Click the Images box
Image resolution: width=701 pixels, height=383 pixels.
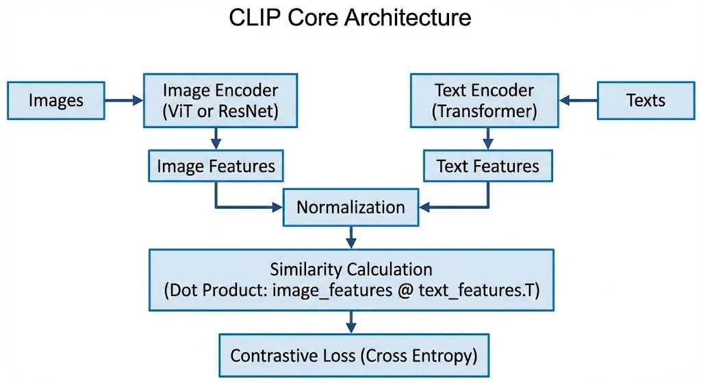point(56,101)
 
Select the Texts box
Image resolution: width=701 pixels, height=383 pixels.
point(646,101)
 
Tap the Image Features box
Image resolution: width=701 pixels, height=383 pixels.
point(216,166)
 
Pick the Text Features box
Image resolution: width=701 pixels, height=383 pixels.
point(487,166)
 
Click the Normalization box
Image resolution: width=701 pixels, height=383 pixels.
point(351,207)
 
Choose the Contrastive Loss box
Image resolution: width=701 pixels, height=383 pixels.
point(354,356)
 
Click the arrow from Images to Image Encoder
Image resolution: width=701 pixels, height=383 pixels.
point(124,101)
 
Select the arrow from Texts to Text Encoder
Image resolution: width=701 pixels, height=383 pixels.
point(578,101)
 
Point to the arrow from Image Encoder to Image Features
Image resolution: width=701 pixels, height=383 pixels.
point(216,138)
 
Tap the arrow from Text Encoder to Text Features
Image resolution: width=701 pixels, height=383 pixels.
point(487,138)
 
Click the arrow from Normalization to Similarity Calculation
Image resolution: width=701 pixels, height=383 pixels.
point(351,238)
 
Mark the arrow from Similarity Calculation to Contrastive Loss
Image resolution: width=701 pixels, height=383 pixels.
point(351,322)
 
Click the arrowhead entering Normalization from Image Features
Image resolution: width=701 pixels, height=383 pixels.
point(277,207)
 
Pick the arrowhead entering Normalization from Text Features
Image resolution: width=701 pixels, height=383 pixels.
point(424,207)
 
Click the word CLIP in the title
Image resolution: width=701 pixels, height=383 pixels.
point(254,18)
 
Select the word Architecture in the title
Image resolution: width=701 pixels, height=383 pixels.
point(408,18)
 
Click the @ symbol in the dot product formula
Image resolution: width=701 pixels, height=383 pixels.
point(405,291)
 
